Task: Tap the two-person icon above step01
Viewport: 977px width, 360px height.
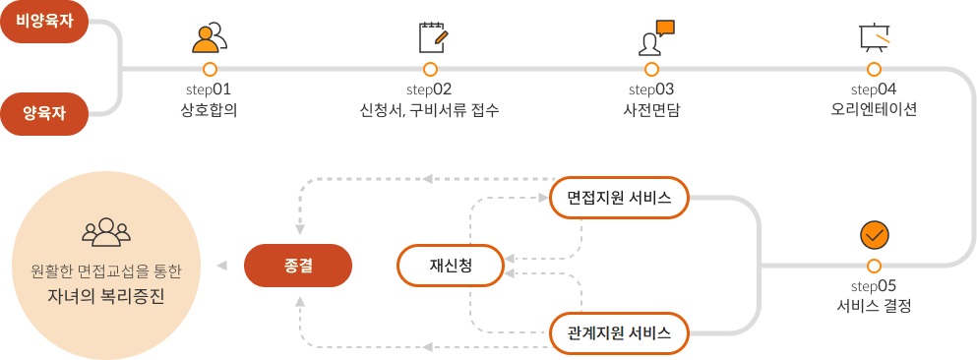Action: pos(210,37)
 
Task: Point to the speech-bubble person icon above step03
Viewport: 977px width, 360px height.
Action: pos(653,37)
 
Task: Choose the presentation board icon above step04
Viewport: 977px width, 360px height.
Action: pos(874,37)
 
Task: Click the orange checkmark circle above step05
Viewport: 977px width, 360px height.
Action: pos(874,236)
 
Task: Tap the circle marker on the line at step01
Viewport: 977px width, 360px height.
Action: pos(210,69)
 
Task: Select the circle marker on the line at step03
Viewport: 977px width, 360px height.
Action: pos(652,69)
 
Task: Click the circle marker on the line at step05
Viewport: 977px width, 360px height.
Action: pos(874,266)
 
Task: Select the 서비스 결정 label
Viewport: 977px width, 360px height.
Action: pos(874,306)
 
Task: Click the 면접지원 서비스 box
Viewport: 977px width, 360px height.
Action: pos(619,198)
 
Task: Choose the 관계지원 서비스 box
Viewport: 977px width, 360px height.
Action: pos(619,332)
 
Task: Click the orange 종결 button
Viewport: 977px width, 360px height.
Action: pos(297,265)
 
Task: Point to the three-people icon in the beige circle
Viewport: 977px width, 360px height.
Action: pos(106,232)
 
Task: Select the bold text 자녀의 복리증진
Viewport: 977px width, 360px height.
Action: pos(106,293)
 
